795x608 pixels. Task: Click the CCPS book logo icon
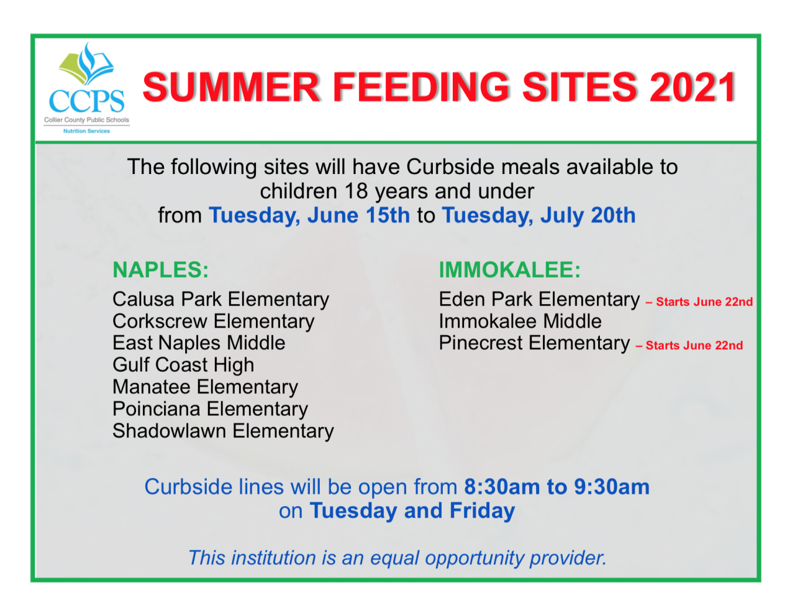pos(86,64)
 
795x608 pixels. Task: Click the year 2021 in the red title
pos(692,88)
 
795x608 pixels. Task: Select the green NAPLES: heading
pos(161,270)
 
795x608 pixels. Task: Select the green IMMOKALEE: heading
pos(509,270)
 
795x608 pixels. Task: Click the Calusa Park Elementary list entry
pos(221,300)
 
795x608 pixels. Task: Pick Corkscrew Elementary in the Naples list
pos(214,322)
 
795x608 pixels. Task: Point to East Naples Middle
pos(199,343)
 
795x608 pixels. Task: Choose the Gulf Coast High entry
pos(183,366)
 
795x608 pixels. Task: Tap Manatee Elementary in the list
pos(206,387)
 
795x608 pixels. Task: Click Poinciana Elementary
pos(211,409)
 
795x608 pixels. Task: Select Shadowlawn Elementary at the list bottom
pos(223,431)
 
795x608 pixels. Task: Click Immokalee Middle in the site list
pos(520,321)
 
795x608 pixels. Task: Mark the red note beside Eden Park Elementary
pos(699,302)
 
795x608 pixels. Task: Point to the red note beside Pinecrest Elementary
pos(689,346)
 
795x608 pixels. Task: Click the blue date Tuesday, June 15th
pos(309,216)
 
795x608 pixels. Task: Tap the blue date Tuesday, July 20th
pos(539,216)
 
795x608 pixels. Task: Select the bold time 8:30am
pos(502,487)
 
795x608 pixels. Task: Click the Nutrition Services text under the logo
pos(86,131)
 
